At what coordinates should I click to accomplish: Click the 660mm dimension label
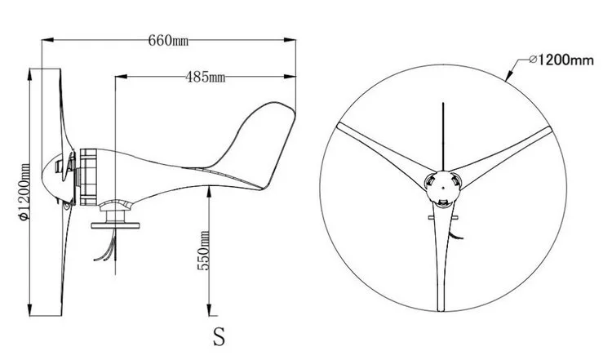tap(168, 40)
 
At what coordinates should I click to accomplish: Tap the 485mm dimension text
tap(206, 77)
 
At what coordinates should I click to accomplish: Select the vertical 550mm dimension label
tap(203, 251)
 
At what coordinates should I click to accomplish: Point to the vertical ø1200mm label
tap(24, 192)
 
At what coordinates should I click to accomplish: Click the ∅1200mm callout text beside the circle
tap(561, 60)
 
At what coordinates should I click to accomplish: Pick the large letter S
tap(219, 336)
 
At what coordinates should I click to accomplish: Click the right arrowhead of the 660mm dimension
tap(290, 39)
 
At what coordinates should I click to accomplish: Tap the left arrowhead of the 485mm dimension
tap(122, 77)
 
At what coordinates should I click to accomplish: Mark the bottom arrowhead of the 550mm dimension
tap(209, 309)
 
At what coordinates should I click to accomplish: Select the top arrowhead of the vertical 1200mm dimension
tap(30, 74)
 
